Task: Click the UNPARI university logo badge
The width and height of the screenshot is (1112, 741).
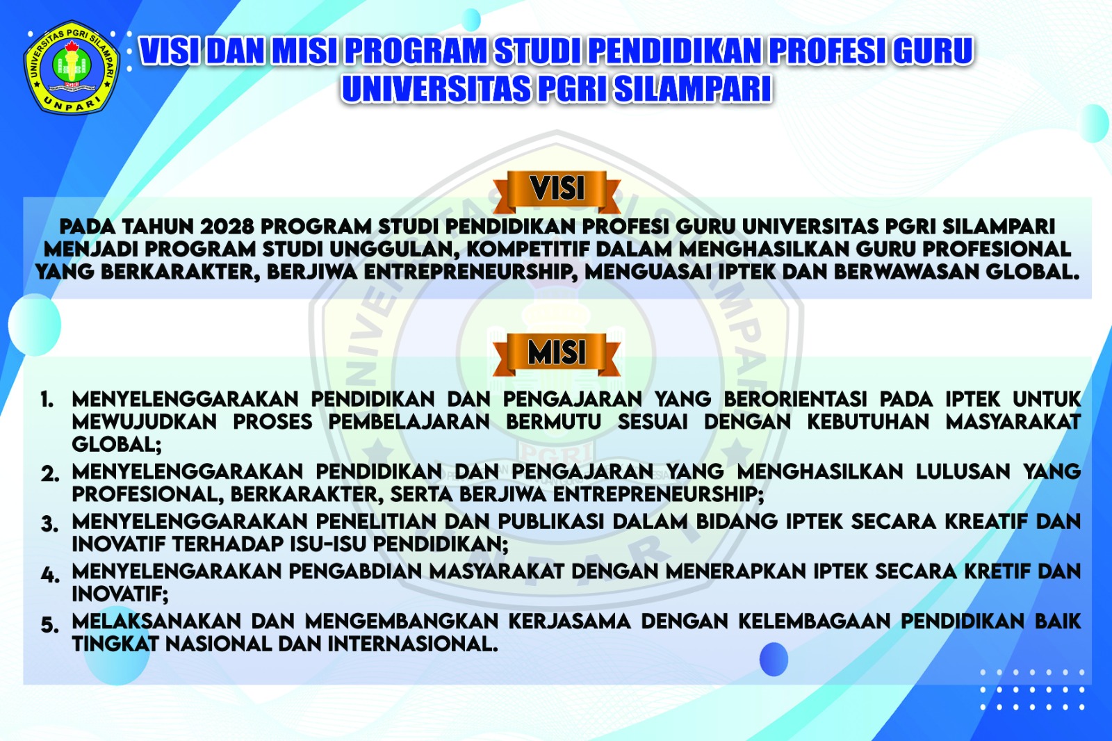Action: click(x=72, y=67)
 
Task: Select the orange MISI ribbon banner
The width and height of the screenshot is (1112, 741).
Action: click(x=557, y=354)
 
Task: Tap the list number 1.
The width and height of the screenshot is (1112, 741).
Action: click(x=47, y=400)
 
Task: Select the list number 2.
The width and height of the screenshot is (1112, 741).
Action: click(x=49, y=474)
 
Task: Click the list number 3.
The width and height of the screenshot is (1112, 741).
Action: click(x=49, y=524)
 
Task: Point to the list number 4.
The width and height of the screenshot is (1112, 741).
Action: click(x=50, y=574)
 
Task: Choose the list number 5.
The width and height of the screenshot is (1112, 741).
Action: click(x=49, y=624)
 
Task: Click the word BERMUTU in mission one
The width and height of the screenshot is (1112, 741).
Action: click(x=553, y=422)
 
